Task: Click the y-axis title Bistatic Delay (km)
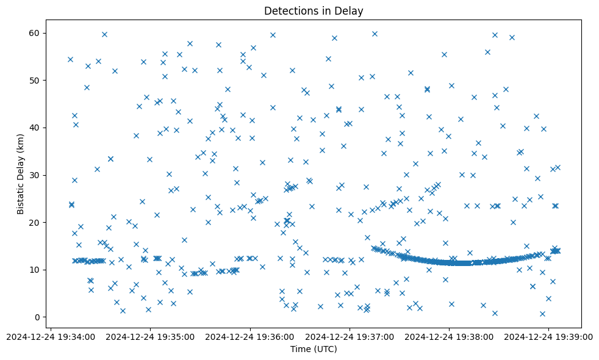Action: (x=21, y=175)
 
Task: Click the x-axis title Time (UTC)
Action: (x=314, y=349)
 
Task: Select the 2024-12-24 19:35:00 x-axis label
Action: (x=150, y=337)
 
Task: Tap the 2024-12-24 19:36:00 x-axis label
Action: (x=250, y=337)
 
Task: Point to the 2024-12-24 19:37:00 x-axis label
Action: (x=350, y=337)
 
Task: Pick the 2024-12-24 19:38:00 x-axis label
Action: (x=450, y=337)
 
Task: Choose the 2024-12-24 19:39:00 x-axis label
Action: (x=549, y=337)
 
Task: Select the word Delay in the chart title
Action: (x=351, y=10)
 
